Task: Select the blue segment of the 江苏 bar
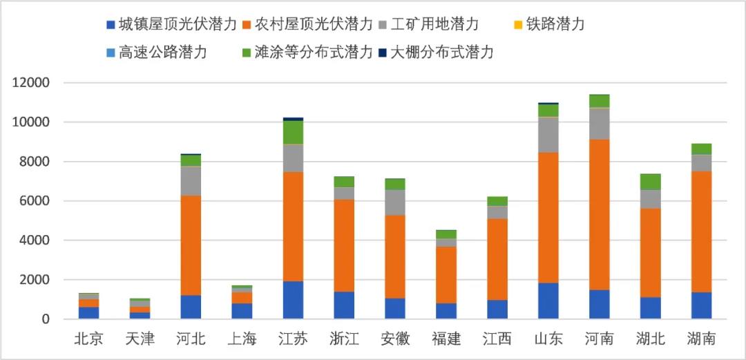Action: click(293, 300)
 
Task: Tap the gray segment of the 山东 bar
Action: click(548, 135)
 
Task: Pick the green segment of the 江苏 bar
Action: click(293, 132)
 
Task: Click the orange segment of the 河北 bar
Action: click(191, 245)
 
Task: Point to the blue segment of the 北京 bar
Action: click(88, 312)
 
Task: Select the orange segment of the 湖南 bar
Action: click(701, 231)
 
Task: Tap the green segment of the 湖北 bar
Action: click(650, 182)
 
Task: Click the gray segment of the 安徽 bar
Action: click(395, 202)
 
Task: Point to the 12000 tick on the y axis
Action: click(31, 83)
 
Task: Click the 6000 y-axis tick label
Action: click(35, 201)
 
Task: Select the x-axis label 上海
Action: click(241, 339)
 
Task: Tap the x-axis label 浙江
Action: click(343, 339)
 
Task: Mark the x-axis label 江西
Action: click(496, 339)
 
